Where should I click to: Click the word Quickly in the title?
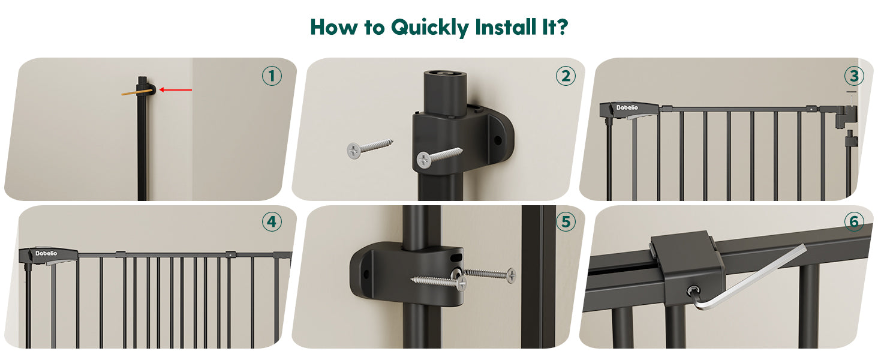429,28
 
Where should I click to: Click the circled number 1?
272,76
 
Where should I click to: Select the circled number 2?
566,76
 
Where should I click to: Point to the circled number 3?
854,76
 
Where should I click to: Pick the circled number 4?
272,221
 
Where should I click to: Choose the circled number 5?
566,221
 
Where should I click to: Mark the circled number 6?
854,221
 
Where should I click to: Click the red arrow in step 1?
176,90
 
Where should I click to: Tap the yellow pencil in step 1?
137,92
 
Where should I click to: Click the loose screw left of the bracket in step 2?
369,148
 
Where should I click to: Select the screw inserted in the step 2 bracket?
439,157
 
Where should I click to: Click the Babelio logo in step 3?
627,107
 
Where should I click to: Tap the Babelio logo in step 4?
46,253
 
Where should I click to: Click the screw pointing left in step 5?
438,282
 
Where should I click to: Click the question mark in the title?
562,26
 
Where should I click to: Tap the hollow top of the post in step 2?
445,74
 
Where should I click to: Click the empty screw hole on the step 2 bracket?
497,140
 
